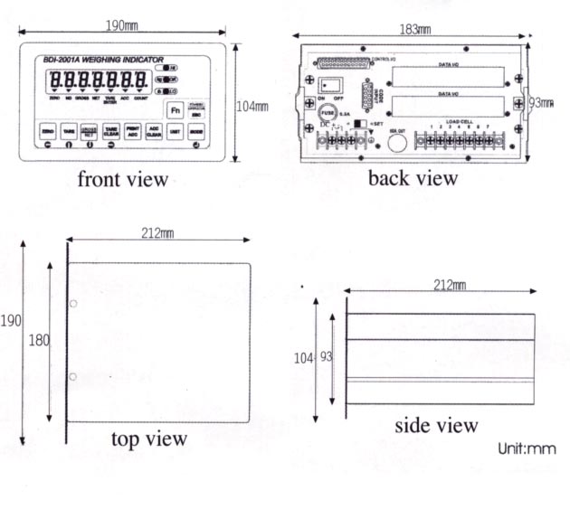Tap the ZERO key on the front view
49,132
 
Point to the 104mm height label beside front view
252,106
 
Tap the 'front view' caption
123,180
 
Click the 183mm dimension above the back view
414,29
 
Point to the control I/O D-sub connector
344,62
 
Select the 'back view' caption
413,178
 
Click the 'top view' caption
149,439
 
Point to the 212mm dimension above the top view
157,234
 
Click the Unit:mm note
527,449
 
